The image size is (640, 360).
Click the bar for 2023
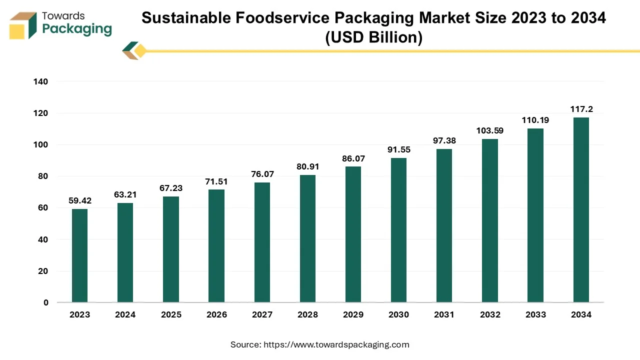(x=79, y=255)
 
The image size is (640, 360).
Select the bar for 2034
(x=581, y=210)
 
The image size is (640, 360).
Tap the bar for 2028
(x=307, y=238)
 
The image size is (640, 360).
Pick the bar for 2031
(x=444, y=225)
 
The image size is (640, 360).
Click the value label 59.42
(x=79, y=201)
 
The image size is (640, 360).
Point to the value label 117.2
(x=581, y=109)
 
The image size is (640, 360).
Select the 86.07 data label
(x=353, y=158)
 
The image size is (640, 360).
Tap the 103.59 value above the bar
(x=490, y=131)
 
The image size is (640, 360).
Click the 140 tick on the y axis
(x=41, y=81)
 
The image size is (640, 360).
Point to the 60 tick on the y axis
(x=43, y=208)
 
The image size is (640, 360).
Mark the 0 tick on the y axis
(x=46, y=302)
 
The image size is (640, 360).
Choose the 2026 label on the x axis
(x=216, y=314)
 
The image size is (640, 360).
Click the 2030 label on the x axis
(x=398, y=314)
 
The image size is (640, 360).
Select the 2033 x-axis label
(x=535, y=314)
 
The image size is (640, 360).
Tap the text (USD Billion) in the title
(x=373, y=37)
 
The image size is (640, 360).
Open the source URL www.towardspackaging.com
(x=336, y=344)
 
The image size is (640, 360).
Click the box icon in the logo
(x=23, y=25)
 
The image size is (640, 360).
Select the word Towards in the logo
(x=63, y=16)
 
